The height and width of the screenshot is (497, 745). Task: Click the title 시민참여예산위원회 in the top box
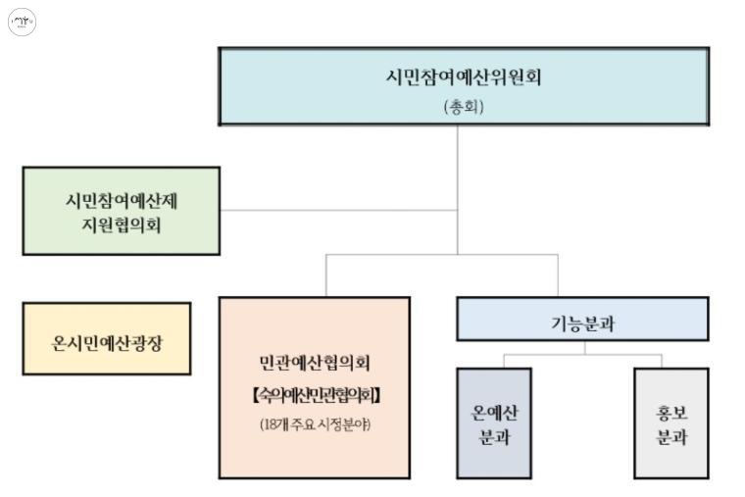tap(463, 77)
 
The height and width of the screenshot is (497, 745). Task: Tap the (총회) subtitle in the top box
tap(463, 107)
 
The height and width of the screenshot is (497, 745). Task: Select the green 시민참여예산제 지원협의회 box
tap(121, 211)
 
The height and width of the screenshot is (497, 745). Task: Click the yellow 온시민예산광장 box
tap(107, 339)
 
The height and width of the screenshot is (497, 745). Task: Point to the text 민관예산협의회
tap(315, 363)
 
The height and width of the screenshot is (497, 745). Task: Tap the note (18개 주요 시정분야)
tap(315, 424)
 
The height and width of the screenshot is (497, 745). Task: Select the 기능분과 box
tap(582, 320)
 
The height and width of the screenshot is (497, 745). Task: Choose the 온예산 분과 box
tap(494, 423)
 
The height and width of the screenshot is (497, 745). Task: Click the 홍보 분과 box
tap(670, 423)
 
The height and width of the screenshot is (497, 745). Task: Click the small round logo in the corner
tap(22, 23)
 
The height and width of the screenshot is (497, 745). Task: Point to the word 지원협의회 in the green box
tap(121, 225)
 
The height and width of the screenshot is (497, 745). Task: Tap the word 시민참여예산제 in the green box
tap(121, 199)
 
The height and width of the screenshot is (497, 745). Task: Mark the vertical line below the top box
tap(458, 167)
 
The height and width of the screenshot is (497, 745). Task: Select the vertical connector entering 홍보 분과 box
tap(662, 361)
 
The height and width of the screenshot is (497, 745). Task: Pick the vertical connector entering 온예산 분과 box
tap(504, 361)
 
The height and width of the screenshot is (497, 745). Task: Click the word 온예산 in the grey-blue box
tap(494, 412)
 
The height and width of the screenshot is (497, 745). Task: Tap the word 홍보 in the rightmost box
tap(670, 412)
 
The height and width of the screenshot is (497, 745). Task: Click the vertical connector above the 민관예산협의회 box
tap(326, 275)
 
